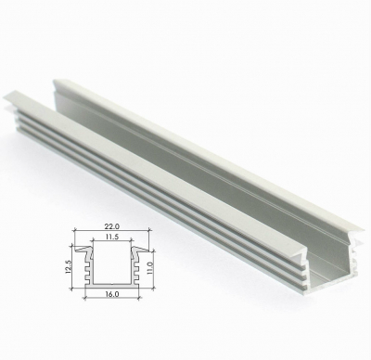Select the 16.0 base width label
coord(112,294)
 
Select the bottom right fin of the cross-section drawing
coord(137,281)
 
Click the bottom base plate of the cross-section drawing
coord(112,286)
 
